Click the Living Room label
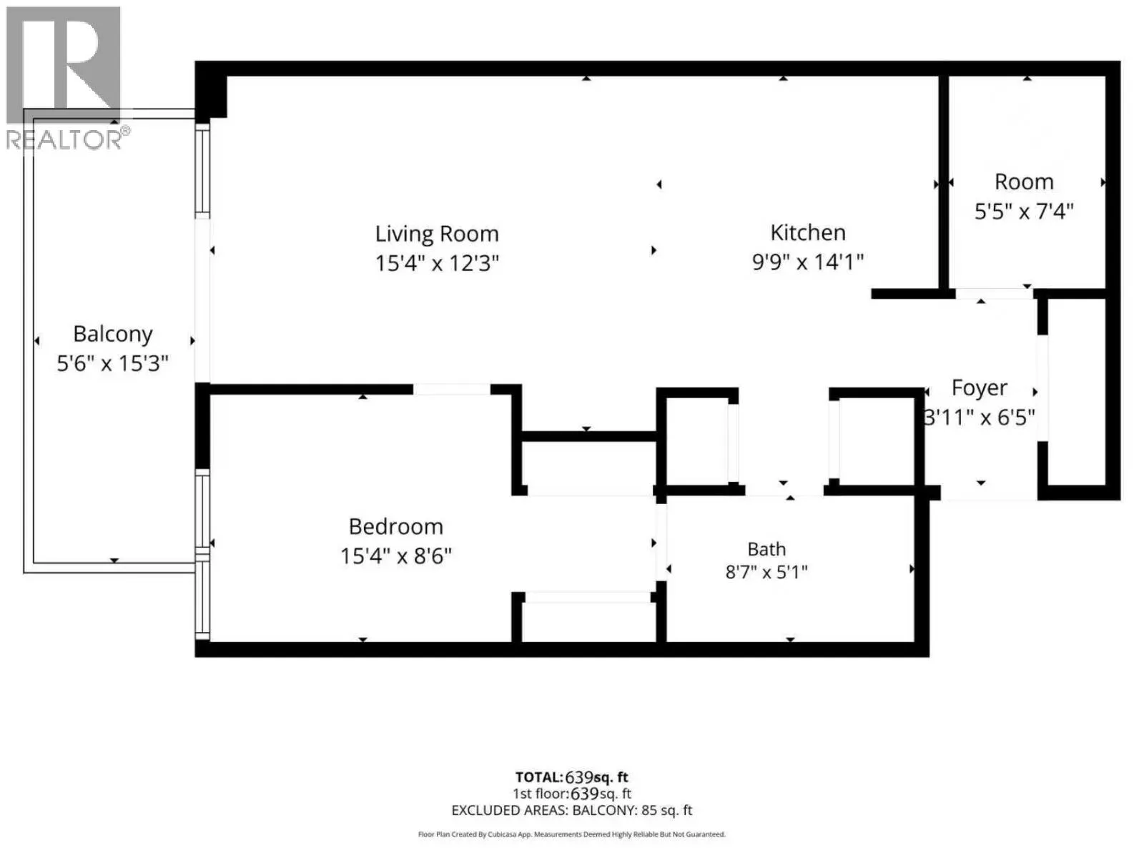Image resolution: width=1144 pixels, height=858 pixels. pos(437,234)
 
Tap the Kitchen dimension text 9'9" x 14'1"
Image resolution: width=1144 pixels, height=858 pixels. pos(808,262)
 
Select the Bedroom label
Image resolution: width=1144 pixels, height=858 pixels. pos(396,527)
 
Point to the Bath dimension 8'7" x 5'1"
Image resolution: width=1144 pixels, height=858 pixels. pos(766,573)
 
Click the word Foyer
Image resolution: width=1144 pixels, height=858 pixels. pos(980,388)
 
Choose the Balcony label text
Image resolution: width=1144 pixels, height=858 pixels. pos(112,335)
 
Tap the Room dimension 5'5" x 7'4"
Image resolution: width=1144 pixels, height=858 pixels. pos(1024,212)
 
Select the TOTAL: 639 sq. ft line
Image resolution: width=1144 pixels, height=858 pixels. pos(572,777)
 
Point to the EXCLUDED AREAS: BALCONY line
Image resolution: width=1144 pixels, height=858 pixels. pos(572,810)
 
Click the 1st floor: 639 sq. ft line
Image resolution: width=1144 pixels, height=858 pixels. pos(572,794)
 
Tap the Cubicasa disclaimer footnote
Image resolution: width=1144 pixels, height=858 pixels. pos(572,834)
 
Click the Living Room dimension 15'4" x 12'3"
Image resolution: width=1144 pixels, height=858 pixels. pos(437,263)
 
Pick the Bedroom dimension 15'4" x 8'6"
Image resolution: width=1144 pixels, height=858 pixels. pos(396,556)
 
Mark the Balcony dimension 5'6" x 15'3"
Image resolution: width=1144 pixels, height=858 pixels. pos(112,363)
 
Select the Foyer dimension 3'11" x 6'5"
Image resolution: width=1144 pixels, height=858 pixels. pos(980,418)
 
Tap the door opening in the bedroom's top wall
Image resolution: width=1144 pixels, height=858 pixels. pos(452,389)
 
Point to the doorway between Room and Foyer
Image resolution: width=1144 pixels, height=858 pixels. pos(995,294)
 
